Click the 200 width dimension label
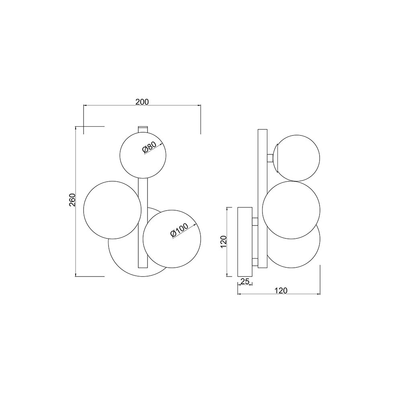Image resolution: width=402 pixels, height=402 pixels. [x=142, y=102]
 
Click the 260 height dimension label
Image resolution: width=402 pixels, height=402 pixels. [x=72, y=200]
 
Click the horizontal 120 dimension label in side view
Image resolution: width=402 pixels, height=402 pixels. [x=281, y=290]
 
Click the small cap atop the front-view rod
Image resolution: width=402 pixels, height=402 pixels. [x=143, y=129]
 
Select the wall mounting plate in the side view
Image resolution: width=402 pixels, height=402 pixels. [x=245, y=242]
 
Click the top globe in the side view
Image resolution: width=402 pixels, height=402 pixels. [x=297, y=157]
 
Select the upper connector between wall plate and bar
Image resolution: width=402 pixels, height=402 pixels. [x=255, y=221]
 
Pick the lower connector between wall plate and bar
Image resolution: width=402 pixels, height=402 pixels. [x=255, y=263]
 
